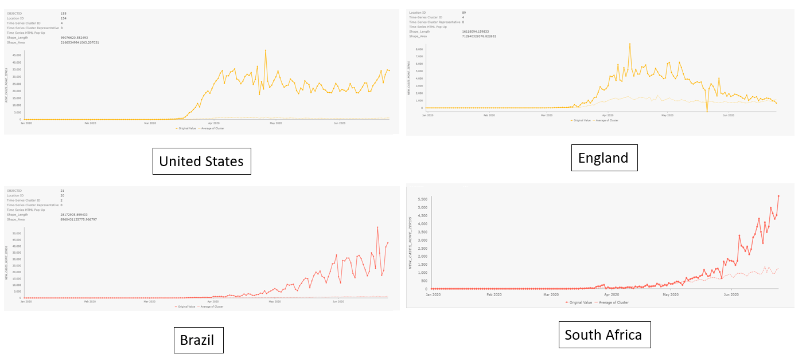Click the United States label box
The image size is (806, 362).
[x=201, y=162]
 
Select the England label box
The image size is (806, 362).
[x=603, y=158]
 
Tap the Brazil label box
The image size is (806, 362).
[x=197, y=340]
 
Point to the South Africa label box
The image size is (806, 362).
[x=603, y=335]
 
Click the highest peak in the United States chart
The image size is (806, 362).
[x=265, y=50]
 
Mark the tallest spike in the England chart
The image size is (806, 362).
[x=629, y=44]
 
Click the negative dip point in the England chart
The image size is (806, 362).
[x=707, y=111]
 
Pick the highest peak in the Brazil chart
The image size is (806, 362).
[x=377, y=227]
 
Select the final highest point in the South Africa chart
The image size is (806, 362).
[x=778, y=196]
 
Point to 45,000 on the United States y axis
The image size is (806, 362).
[x=15, y=56]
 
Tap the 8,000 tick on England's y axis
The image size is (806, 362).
[x=418, y=49]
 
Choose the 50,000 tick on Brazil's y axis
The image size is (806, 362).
[x=15, y=234]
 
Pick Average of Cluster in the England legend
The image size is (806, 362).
[x=607, y=120]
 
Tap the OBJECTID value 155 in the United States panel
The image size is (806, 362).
[x=63, y=12]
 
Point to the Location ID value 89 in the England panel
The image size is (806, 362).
[x=464, y=12]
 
